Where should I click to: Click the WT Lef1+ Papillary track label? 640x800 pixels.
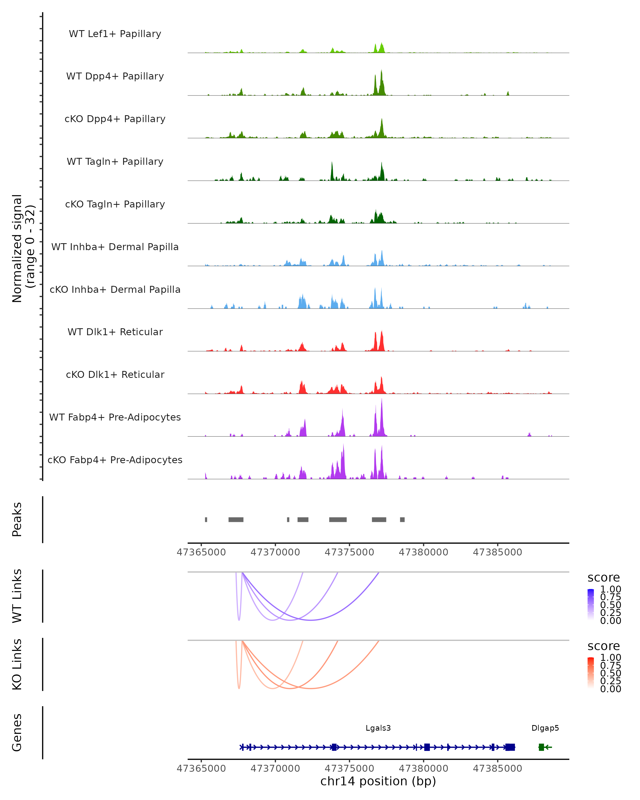click(115, 34)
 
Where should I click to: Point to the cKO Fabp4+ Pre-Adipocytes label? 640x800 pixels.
click(115, 460)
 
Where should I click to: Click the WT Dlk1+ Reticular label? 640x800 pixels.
click(115, 332)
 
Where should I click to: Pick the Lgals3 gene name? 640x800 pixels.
click(378, 728)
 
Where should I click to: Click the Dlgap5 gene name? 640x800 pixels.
click(545, 728)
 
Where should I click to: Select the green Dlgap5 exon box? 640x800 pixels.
click(541, 747)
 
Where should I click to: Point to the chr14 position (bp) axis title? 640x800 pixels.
click(378, 781)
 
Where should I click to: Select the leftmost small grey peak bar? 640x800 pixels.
click(206, 519)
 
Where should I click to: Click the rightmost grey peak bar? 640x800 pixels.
click(402, 519)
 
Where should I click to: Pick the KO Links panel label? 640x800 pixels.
click(17, 664)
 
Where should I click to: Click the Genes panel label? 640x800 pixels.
click(17, 733)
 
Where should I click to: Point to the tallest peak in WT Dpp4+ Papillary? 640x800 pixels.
click(381, 71)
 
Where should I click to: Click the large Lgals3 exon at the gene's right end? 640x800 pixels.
click(510, 747)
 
